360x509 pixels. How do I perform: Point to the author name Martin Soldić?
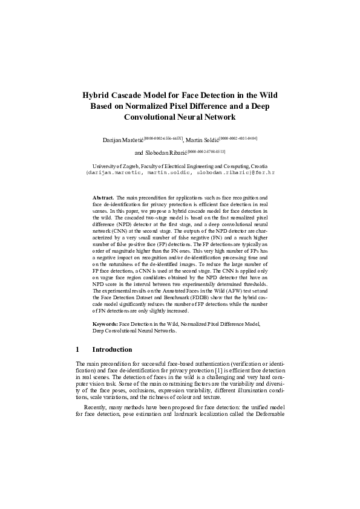coord(203,140)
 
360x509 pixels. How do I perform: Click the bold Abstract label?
coord(103,198)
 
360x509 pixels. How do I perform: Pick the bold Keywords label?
coord(105,325)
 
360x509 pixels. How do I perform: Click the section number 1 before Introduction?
coord(78,349)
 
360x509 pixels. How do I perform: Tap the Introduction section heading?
coord(112,349)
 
